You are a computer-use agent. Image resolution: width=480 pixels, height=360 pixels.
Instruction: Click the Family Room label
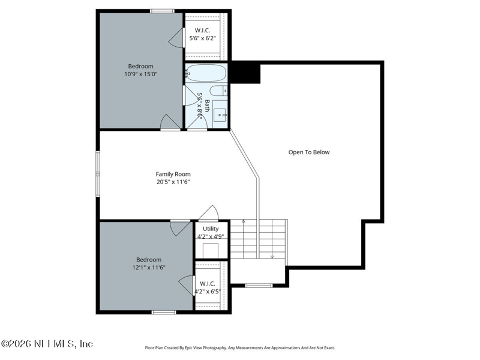click(173, 174)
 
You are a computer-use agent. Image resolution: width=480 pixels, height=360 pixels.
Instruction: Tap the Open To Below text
click(309, 152)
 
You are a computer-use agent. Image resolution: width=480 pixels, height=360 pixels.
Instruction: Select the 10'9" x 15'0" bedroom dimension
click(141, 74)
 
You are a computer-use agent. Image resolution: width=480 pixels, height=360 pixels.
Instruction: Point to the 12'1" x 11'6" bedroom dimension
click(149, 268)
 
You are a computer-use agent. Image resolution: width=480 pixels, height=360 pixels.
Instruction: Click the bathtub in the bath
click(206, 73)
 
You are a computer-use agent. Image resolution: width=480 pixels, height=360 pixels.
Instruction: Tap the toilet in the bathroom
click(218, 91)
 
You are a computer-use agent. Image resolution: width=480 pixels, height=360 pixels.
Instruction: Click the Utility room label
click(211, 229)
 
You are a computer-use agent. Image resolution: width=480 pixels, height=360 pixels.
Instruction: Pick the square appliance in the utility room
click(211, 250)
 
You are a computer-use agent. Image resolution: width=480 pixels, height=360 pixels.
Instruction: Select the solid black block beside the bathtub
click(245, 72)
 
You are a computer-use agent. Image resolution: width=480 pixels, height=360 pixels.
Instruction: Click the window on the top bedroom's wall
click(162, 11)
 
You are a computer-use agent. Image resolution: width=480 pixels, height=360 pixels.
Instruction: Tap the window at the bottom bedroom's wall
click(164, 312)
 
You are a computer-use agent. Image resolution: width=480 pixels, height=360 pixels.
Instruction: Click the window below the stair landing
click(259, 286)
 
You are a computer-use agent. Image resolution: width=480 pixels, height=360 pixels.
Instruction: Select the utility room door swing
click(209, 212)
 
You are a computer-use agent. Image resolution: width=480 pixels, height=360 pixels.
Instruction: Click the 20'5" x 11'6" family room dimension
click(173, 182)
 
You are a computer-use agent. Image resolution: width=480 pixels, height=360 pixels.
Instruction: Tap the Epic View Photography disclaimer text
click(239, 348)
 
